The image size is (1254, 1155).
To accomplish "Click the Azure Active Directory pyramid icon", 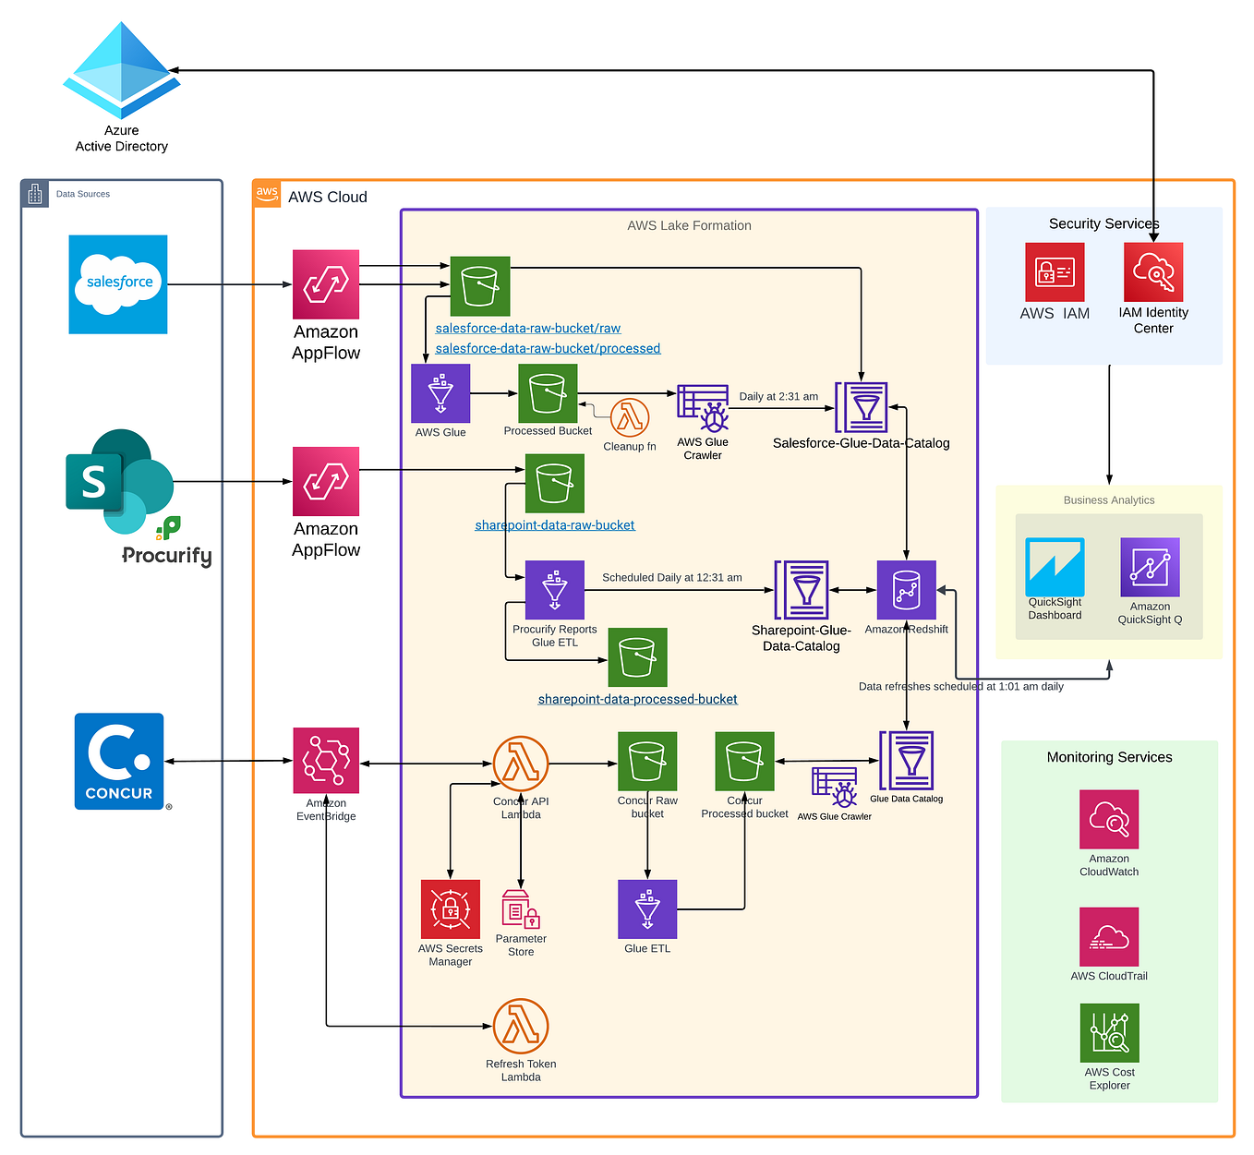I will click(121, 71).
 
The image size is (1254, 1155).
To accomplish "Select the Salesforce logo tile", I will click(118, 284).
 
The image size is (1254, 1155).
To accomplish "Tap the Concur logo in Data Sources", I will click(119, 761).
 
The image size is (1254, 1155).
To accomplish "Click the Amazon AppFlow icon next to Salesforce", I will click(326, 284).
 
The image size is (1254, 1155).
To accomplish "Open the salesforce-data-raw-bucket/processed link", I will click(548, 349).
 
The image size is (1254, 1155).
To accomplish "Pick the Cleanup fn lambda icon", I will click(630, 418).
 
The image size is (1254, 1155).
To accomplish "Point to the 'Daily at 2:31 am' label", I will click(778, 397).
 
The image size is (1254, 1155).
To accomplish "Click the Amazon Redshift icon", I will click(906, 590).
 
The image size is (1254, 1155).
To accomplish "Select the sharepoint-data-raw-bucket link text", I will click(555, 525).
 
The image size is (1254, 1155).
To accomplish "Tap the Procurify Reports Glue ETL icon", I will click(555, 590).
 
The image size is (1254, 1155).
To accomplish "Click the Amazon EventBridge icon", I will click(326, 761).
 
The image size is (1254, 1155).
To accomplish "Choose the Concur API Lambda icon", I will click(521, 764).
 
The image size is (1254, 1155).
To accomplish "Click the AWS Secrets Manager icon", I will click(451, 909).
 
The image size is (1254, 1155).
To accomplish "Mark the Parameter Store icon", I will click(520, 909).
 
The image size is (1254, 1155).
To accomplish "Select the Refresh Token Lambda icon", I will click(521, 1026).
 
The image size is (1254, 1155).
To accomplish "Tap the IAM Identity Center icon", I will click(1153, 272).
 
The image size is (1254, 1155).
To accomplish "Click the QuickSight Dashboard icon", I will click(1055, 567).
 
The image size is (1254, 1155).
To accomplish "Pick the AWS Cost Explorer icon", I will click(1110, 1033).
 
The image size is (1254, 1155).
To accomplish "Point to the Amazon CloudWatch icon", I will click(1109, 819).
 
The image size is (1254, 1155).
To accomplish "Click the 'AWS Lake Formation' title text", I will click(689, 226).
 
